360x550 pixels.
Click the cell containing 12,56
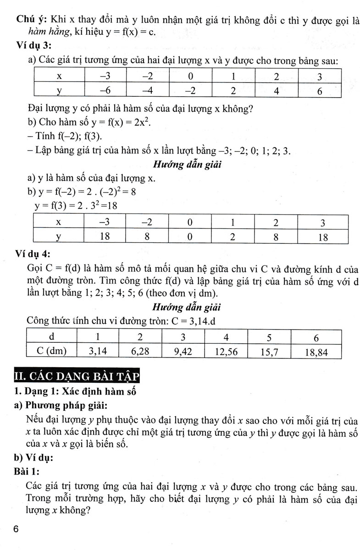point(226,352)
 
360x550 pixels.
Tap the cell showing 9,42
point(182,352)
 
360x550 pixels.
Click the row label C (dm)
point(52,352)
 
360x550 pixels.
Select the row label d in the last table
point(52,337)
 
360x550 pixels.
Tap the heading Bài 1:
point(28,471)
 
